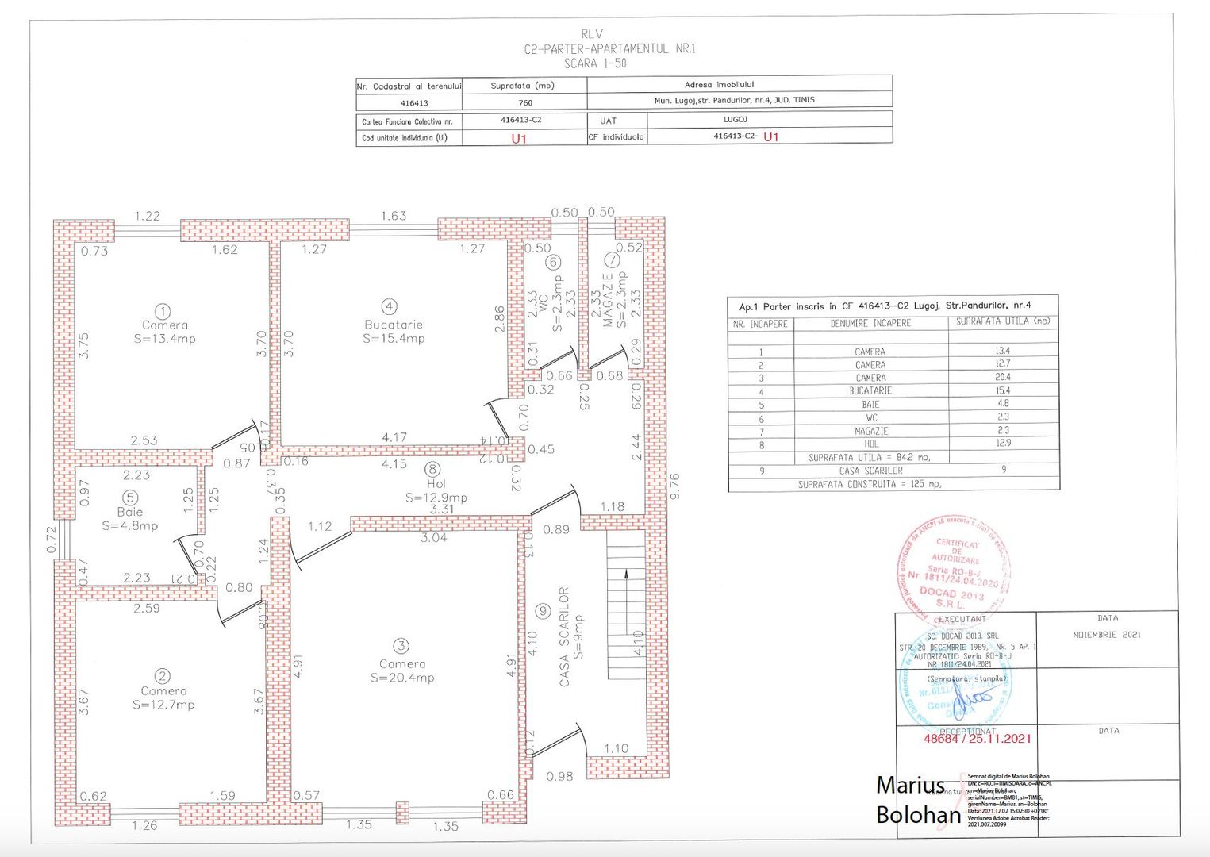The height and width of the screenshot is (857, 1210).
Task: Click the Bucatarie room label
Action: tap(394, 325)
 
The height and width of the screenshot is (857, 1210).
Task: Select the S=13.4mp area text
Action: tap(165, 339)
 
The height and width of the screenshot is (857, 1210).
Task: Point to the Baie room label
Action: tap(130, 512)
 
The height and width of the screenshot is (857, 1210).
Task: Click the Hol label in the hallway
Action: tap(436, 483)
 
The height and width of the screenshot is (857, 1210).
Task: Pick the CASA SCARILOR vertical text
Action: tap(564, 636)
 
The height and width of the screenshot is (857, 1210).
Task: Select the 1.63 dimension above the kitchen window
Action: tap(394, 216)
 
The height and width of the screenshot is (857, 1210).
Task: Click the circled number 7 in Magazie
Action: tap(611, 260)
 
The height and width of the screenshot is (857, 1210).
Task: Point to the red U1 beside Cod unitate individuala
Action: tap(519, 139)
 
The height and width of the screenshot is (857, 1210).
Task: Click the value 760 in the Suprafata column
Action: tap(525, 102)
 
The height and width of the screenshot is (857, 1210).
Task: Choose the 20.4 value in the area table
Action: tap(1003, 377)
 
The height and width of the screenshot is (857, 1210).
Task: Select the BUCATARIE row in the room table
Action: tap(870, 391)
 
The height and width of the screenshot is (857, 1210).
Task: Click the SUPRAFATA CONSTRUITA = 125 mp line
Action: tap(870, 484)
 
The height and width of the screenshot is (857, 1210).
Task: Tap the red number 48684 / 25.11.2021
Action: tap(978, 739)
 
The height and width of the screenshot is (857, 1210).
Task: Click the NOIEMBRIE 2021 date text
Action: tap(1107, 635)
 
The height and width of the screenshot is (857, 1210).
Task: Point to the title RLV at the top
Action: tap(592, 34)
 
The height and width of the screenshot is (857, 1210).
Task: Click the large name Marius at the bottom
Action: tap(910, 786)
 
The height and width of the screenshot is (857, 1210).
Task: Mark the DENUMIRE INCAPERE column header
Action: tap(870, 324)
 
